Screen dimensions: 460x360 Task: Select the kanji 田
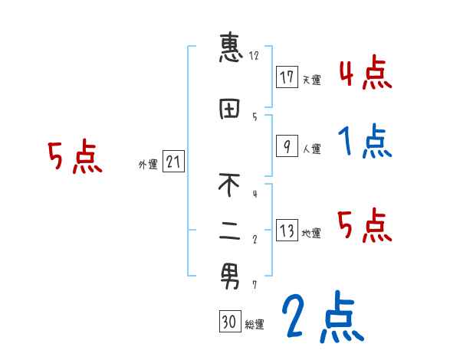click(231, 110)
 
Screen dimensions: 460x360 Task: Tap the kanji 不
click(230, 185)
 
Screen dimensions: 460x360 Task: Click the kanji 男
click(230, 276)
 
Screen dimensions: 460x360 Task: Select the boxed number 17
click(287, 77)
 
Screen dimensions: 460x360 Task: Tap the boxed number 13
click(287, 231)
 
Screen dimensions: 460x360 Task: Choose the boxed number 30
click(228, 322)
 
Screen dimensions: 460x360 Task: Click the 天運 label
click(311, 80)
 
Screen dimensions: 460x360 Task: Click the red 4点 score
click(365, 73)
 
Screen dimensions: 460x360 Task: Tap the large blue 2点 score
click(321, 316)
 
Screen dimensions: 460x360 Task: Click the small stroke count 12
click(254, 56)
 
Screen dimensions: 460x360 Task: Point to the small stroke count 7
click(255, 285)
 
